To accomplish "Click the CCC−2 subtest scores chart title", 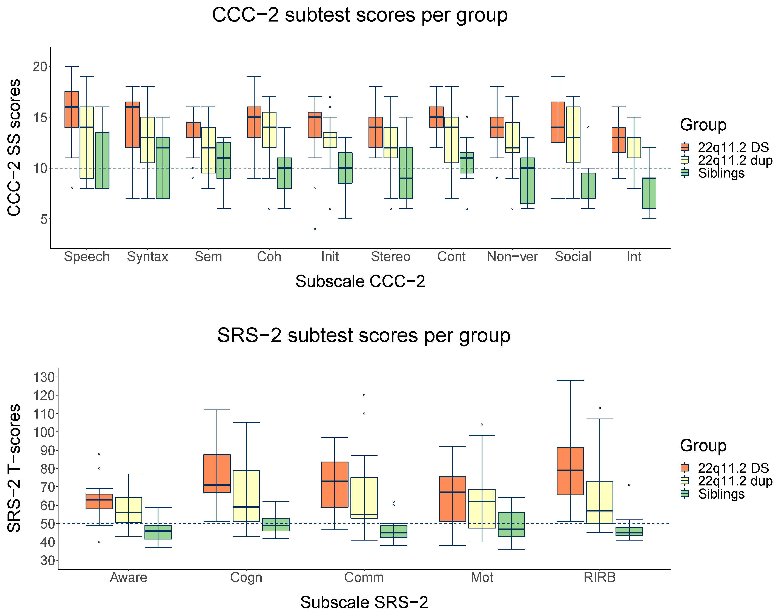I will [359, 15].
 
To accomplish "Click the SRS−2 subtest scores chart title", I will [363, 336].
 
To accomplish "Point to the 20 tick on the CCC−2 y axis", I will [40, 67].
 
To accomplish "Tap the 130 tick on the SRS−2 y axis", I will [43, 377].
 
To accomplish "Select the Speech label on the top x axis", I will [87, 257].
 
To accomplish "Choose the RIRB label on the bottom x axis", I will [599, 578].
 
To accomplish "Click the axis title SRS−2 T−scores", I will [14, 468].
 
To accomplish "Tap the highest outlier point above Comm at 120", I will [364, 395].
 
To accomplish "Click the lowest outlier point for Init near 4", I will [315, 229].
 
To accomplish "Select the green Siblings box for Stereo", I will [406, 173].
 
